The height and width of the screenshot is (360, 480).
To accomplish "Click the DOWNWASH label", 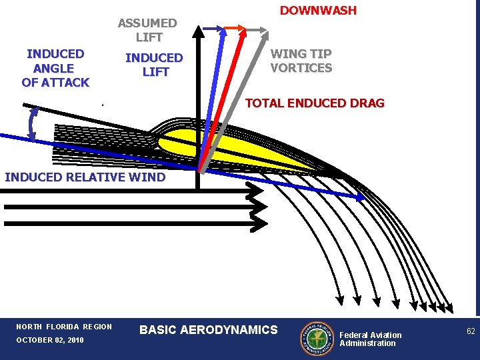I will point(318,11).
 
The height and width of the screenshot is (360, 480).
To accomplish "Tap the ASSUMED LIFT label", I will point(147,30).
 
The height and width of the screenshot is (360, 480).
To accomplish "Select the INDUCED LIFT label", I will point(154,65).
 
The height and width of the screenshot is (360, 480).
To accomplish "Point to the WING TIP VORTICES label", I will point(301,61).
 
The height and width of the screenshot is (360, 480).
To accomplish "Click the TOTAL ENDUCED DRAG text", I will point(315,103).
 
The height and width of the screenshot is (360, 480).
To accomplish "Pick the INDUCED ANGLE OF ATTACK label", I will point(55,68).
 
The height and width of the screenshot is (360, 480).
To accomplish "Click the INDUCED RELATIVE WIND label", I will point(85,177).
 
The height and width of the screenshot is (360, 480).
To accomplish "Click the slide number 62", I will point(471,331).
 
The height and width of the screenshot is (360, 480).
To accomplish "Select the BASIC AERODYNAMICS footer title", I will point(209,330).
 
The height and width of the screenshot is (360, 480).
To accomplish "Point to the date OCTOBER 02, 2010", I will point(50,341).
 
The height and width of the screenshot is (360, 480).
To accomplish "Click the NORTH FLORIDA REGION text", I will point(64,327).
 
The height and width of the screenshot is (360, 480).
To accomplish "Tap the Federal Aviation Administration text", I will point(371,339).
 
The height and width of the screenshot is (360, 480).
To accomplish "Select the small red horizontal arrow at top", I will point(233,28).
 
